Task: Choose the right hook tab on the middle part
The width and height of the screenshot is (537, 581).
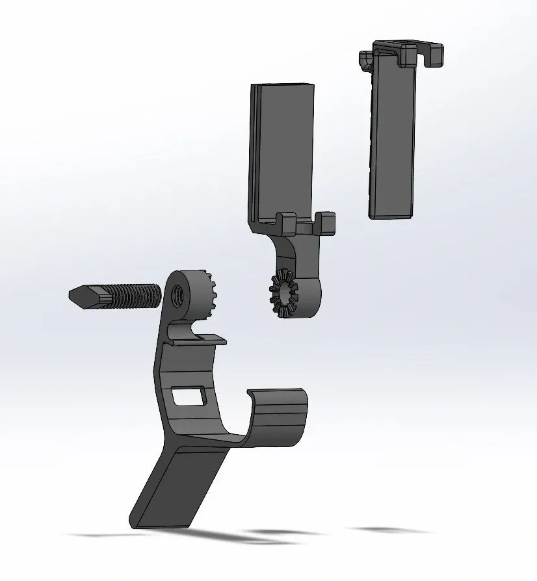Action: (x=326, y=223)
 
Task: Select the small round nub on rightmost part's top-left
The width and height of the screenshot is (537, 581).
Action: (x=365, y=60)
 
